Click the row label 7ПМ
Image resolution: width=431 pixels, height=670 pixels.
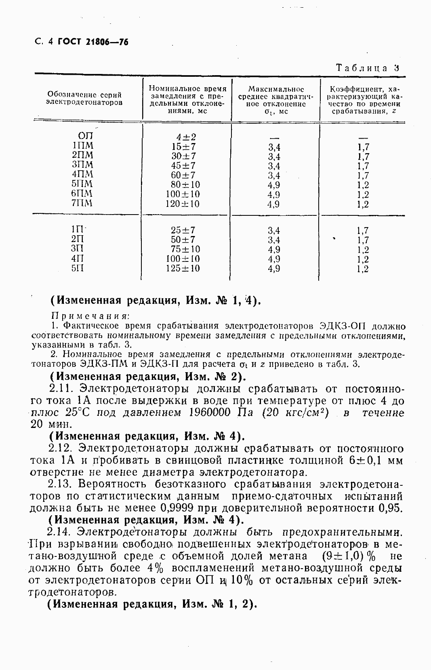[82, 203]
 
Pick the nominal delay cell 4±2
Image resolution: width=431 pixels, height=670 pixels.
[183, 137]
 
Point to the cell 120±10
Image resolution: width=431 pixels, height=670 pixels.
[183, 204]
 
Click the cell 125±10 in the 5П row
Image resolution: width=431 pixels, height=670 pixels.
[183, 268]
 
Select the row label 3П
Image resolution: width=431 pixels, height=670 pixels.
[78, 249]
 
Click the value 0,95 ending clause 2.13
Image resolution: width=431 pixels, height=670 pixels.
[391, 508]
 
